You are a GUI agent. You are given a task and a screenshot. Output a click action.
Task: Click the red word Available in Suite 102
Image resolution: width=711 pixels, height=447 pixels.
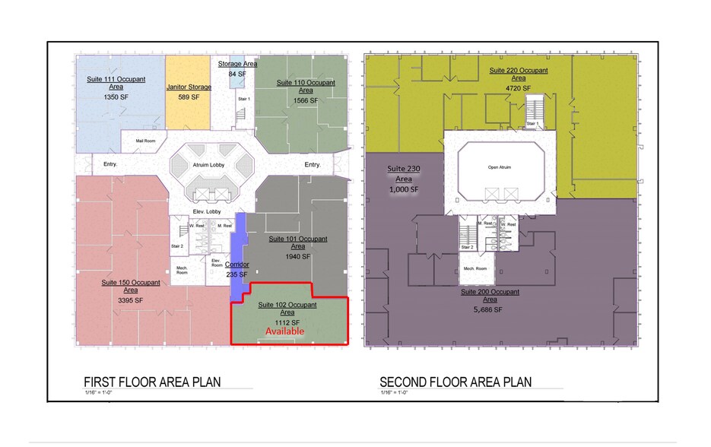(284, 331)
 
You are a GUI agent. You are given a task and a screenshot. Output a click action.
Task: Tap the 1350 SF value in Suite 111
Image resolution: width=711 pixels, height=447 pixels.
(116, 97)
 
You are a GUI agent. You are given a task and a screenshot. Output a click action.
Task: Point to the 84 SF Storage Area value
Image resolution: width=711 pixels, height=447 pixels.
(237, 74)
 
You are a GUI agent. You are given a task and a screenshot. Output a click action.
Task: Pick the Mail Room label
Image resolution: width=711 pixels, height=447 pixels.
(145, 141)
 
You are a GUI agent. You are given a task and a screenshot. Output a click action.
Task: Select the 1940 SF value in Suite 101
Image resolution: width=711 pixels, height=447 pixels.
(298, 257)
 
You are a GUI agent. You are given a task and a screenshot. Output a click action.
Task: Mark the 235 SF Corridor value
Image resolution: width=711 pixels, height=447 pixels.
(237, 274)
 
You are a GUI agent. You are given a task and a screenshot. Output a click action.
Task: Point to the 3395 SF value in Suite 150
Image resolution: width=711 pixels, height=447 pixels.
(131, 300)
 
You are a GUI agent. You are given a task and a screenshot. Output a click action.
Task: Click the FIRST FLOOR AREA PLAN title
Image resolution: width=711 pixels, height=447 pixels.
(151, 382)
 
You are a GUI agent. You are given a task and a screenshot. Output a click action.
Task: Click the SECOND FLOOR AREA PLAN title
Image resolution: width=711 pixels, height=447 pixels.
(455, 382)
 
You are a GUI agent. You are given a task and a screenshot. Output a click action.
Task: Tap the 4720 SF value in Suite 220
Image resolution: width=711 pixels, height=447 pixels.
(518, 88)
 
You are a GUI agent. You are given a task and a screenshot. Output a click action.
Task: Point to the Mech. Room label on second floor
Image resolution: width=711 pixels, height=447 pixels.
(475, 270)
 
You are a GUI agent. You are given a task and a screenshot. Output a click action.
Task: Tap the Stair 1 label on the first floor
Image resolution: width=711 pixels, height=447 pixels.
(244, 99)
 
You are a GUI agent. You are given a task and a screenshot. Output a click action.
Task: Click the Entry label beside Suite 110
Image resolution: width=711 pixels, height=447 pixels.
(313, 165)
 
